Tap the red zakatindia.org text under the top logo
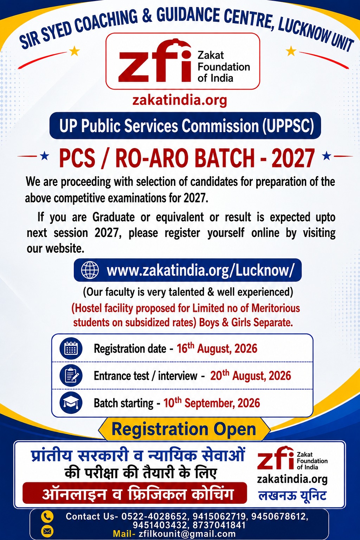(180, 100)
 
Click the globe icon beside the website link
(90, 270)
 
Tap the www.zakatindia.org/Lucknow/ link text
(201, 270)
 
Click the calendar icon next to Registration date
(71, 349)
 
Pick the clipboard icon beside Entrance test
(71, 375)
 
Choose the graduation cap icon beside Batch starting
(71, 403)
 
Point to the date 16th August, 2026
(217, 348)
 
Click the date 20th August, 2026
(251, 375)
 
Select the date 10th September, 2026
(212, 402)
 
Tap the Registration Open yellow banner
(184, 429)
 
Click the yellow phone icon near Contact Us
(47, 516)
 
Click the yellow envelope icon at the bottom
(47, 531)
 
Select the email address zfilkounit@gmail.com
(187, 534)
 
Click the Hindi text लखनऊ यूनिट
(292, 496)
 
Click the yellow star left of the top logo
(74, 51)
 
